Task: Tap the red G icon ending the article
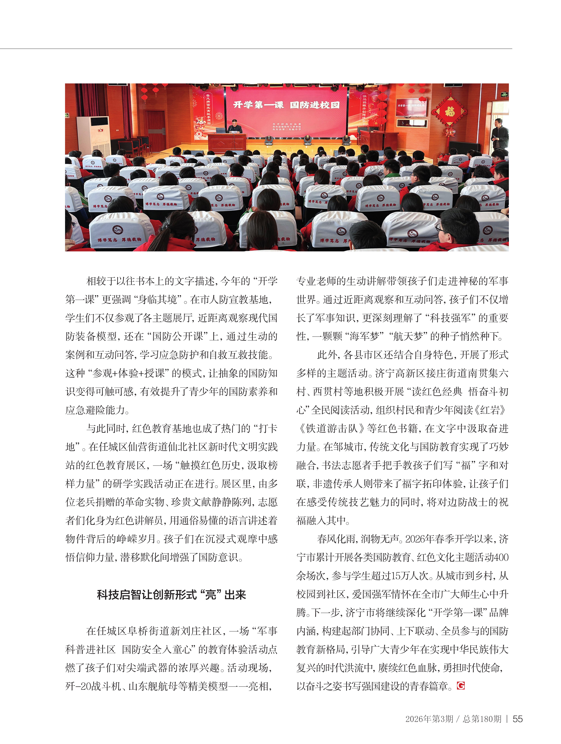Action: [x=461, y=685]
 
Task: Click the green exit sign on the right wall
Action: [x=504, y=95]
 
